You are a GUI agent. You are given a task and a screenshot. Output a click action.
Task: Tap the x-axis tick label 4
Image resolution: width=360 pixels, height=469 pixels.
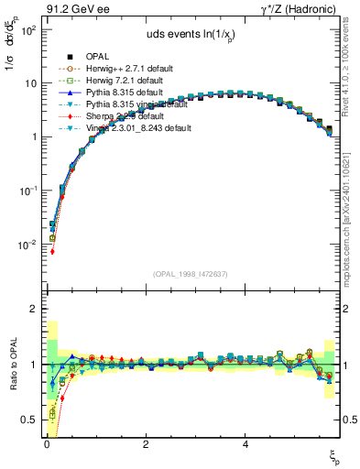[x=245, y=443]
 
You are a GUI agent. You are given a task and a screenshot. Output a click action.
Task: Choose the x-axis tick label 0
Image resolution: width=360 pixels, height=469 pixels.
[x=46, y=443]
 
